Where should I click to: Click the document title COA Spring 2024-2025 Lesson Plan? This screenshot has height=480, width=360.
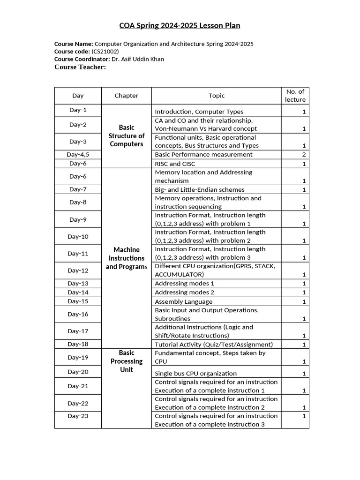coord(180,25)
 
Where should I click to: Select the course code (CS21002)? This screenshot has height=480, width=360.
coord(105,52)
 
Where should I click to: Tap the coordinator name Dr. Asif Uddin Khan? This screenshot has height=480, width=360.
coord(137,59)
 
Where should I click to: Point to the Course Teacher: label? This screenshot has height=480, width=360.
coord(80,67)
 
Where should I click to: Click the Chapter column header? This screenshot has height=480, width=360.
coord(127,96)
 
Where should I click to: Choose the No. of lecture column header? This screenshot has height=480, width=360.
coord(295,96)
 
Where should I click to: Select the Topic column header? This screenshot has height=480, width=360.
coord(217,96)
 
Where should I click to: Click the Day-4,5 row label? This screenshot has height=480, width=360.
coord(78,154)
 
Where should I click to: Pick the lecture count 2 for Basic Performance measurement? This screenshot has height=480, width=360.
coord(304,155)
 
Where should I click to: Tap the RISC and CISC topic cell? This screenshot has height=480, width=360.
coord(175,164)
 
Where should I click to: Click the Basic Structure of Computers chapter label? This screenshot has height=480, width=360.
coord(127,136)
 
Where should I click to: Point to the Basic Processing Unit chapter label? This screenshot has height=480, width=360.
coord(127,361)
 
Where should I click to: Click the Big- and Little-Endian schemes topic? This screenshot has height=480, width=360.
coord(200,190)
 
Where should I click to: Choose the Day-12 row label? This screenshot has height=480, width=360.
coord(78,270)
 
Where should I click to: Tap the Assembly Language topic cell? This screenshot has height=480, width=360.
coord(183,302)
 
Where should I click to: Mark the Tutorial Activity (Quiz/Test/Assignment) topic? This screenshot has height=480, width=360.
coord(214,345)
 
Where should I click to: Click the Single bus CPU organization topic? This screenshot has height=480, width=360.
coord(195,374)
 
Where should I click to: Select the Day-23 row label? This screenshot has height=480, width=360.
coord(78,416)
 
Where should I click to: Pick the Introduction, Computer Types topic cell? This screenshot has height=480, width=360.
coord(199,112)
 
